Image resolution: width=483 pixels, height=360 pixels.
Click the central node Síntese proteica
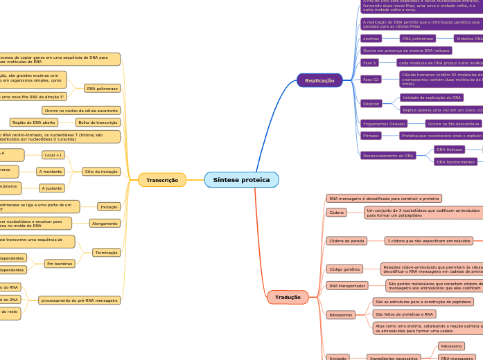click(241, 180)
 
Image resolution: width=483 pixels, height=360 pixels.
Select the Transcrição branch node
click(162, 180)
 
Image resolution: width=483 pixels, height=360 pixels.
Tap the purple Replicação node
click(319, 80)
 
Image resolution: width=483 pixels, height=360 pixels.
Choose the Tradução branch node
click(288, 297)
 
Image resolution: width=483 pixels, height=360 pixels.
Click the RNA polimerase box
click(101, 89)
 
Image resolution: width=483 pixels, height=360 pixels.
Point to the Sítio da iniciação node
click(101, 171)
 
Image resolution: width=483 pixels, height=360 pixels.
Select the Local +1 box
click(53, 154)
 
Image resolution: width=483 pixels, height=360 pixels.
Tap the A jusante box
click(53, 188)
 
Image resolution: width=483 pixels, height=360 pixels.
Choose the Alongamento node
click(105, 223)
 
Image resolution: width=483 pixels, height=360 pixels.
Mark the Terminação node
click(106, 253)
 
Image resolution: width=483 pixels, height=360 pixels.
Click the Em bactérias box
click(60, 264)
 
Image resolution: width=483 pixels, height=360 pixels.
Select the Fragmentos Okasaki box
click(383, 123)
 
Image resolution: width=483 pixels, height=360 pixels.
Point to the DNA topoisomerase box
click(455, 161)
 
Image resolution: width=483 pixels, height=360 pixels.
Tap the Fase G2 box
click(371, 80)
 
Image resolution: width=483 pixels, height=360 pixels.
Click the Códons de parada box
click(346, 241)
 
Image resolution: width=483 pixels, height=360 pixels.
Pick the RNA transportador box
click(347, 285)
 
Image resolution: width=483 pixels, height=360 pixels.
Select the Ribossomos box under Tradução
click(341, 314)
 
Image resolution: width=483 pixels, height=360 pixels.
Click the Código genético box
click(344, 269)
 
